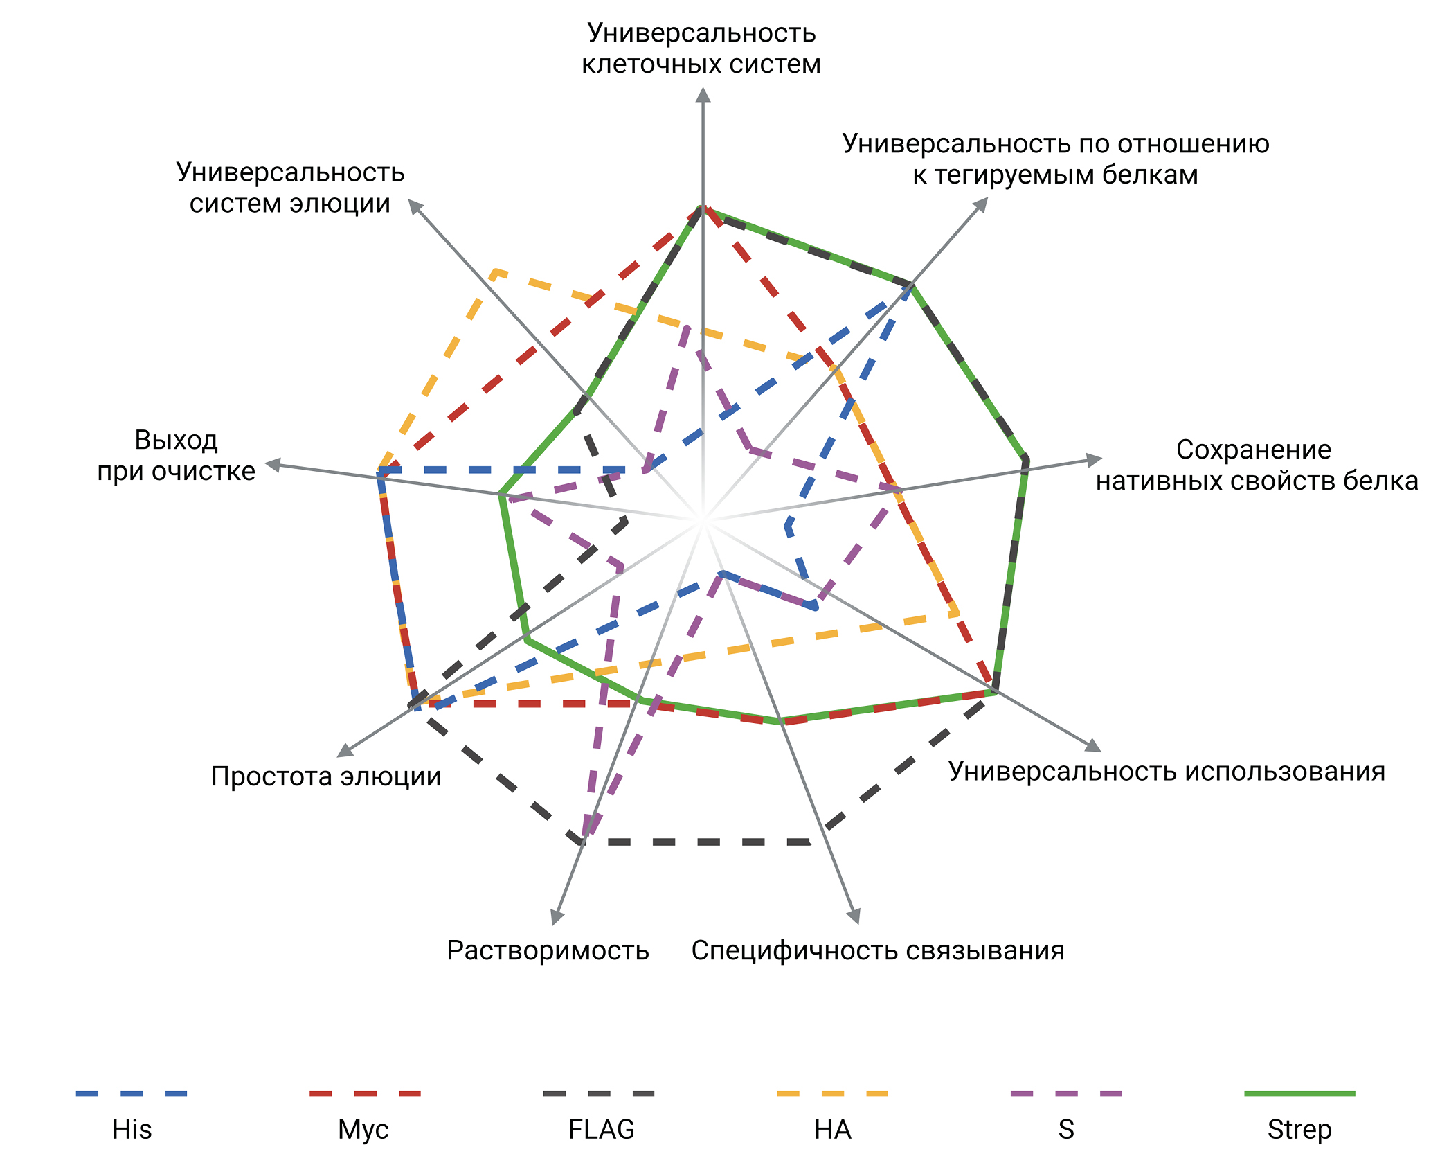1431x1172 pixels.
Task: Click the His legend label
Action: [132, 1130]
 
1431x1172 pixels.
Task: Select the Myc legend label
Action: [363, 1130]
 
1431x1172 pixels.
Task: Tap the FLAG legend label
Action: [601, 1130]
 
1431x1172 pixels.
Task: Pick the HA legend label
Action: [832, 1130]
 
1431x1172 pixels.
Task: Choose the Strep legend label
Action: [1299, 1130]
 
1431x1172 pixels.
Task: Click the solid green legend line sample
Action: [1299, 1094]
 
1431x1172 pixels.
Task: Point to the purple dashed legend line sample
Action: [1066, 1094]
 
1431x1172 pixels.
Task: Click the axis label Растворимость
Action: [548, 951]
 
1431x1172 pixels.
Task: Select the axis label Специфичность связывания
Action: [878, 951]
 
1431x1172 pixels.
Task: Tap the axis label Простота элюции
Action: [325, 776]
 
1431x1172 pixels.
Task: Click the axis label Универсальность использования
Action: [1167, 771]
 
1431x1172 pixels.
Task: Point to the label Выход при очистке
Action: [177, 455]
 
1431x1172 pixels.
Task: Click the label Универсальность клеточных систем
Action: [701, 48]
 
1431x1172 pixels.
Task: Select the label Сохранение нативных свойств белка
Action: [1257, 465]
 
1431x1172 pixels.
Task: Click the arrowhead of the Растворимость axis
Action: [555, 917]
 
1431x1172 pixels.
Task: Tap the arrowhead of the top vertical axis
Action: [703, 94]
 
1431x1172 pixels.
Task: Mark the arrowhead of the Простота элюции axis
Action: [344, 751]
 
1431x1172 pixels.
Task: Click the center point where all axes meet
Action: [703, 518]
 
